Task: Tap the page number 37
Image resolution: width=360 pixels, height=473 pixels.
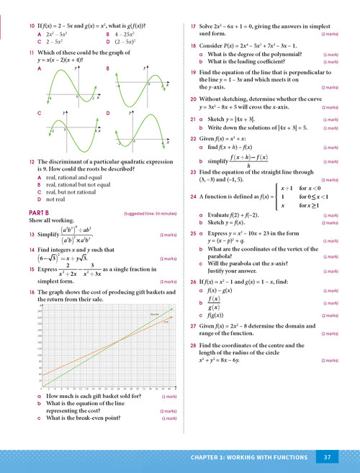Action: (327, 456)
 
